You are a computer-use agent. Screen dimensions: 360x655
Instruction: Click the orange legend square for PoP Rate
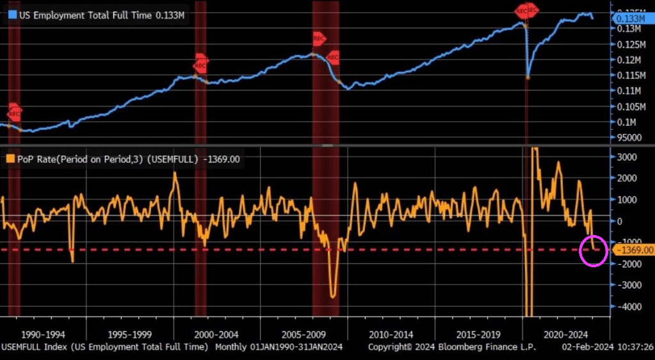[11, 159]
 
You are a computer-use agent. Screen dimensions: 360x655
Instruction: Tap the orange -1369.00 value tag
[633, 250]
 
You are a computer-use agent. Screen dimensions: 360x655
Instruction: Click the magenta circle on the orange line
[594, 250]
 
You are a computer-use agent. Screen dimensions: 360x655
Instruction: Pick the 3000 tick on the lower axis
[626, 156]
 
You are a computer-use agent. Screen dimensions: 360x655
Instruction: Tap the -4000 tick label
[626, 306]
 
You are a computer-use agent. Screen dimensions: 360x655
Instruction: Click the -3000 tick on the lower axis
[626, 284]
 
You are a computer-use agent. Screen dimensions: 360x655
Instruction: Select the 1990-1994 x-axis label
[42, 334]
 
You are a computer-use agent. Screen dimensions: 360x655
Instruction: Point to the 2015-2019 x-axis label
[478, 334]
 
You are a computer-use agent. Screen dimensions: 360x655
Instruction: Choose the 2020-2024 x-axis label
[566, 334]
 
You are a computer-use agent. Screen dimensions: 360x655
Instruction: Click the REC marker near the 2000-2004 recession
[200, 65]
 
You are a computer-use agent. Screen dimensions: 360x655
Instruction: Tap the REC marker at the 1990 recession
[14, 114]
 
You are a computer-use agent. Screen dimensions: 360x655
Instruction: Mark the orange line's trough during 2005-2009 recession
[332, 295]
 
